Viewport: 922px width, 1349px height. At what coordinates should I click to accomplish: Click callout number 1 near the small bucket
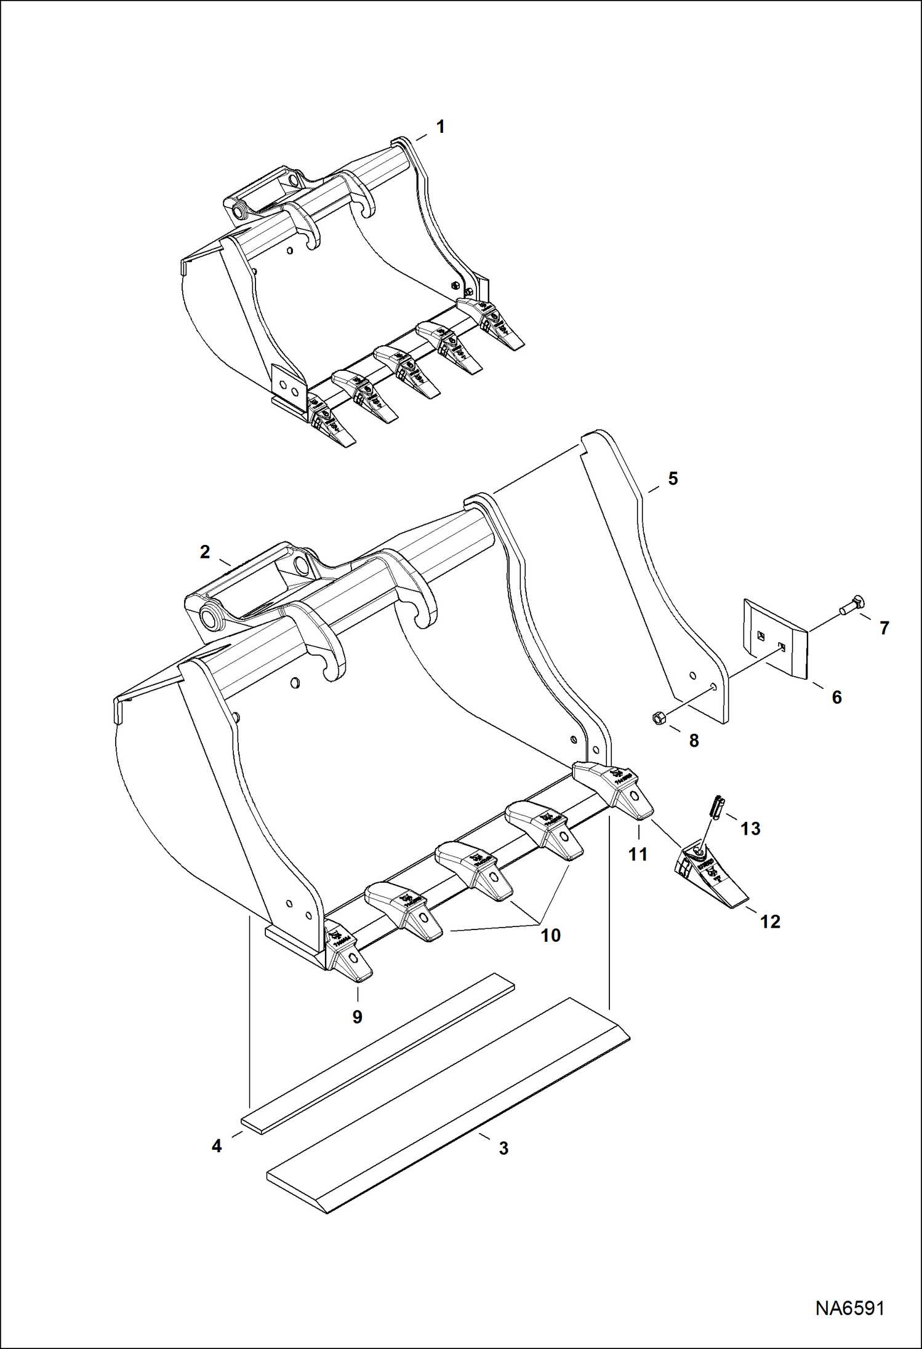[x=440, y=127]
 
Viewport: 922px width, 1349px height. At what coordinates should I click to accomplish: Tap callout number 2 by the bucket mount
[x=205, y=552]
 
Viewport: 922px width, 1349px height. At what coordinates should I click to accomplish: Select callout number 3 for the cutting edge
[x=503, y=1148]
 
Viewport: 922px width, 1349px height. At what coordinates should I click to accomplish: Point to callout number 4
[x=217, y=1147]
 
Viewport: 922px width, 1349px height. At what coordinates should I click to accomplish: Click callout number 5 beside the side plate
[x=673, y=479]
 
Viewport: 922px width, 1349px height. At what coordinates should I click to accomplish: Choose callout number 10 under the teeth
[x=550, y=936]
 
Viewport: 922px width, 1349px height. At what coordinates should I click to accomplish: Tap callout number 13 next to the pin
[x=750, y=829]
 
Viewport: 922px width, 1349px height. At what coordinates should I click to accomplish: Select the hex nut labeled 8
[x=658, y=718]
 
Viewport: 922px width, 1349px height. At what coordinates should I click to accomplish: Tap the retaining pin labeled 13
[x=718, y=806]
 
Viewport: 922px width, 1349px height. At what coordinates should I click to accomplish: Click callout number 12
[x=770, y=921]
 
